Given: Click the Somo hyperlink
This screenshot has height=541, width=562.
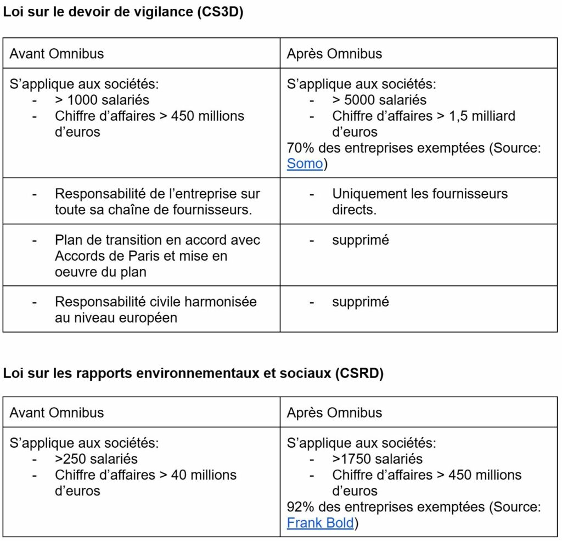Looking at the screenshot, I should tap(305, 164).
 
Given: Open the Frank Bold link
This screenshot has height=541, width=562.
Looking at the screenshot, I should tap(320, 522).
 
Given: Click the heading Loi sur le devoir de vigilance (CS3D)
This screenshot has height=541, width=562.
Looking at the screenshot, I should tap(123, 13).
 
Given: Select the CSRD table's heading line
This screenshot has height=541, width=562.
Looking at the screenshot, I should tap(193, 374).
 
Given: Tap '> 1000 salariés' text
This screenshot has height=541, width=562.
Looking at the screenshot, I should tap(102, 100).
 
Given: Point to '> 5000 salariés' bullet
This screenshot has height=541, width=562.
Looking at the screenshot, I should tap(379, 100).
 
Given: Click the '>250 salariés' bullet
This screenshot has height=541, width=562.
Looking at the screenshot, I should tap(96, 459).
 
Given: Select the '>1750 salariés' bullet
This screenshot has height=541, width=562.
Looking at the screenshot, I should tap(378, 459).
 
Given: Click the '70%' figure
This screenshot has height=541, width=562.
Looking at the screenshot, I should tap(299, 148).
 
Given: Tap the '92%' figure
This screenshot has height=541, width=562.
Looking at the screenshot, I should tap(299, 506).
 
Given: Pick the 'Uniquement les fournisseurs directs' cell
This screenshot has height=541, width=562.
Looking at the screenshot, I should tap(420, 201).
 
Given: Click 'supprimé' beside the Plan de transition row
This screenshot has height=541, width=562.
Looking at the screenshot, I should tap(361, 240).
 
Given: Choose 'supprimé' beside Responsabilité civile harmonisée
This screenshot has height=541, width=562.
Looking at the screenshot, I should tap(361, 301).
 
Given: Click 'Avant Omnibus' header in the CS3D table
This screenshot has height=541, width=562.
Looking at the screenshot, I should tap(57, 54).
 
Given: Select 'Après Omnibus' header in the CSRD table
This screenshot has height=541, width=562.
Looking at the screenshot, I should tap(334, 413).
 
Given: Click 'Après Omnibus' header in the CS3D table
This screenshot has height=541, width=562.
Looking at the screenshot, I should tap(334, 54).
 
